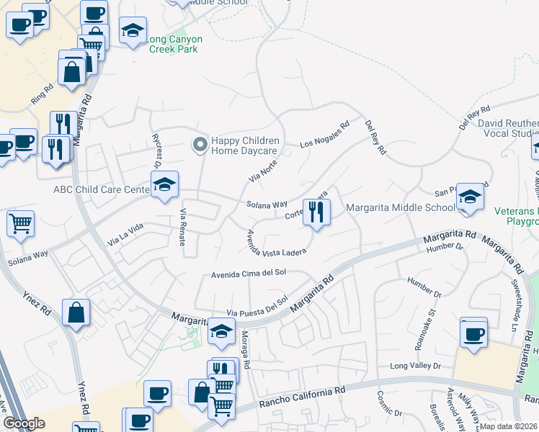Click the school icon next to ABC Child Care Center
point(165,186)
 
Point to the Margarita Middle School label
point(401,208)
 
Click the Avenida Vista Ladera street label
point(277,243)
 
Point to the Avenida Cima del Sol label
point(249,274)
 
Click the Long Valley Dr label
point(414,366)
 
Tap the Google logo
point(24,423)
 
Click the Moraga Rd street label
point(245,350)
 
